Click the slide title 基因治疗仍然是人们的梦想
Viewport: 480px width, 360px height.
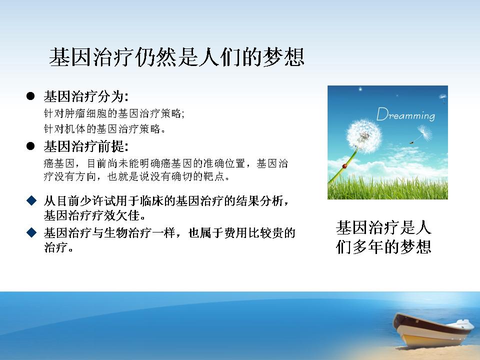pyautogui.click(x=176, y=57)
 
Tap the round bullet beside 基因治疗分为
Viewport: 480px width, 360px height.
pyautogui.click(x=30, y=96)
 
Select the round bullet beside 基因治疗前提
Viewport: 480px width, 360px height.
pyautogui.click(x=30, y=146)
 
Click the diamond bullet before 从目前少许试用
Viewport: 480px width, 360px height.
pyautogui.click(x=31, y=201)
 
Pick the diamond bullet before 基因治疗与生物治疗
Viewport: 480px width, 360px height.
pyautogui.click(x=31, y=232)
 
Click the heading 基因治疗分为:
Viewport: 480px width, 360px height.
pyautogui.click(x=86, y=96)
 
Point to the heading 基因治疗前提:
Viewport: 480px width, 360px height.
pyautogui.click(x=86, y=146)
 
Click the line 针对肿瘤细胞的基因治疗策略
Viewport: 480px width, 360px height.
pyautogui.click(x=114, y=113)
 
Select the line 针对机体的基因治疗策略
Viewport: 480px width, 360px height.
pyautogui.click(x=104, y=129)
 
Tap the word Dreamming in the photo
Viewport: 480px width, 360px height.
pyautogui.click(x=405, y=114)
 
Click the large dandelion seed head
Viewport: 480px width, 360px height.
pyautogui.click(x=364, y=136)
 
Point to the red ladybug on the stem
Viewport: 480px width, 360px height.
pyautogui.click(x=344, y=166)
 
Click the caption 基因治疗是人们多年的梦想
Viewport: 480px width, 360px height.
pyautogui.click(x=383, y=237)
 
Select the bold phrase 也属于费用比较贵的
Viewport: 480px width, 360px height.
pyautogui.click(x=241, y=233)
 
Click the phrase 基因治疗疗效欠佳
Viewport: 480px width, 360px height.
pyautogui.click(x=92, y=215)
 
